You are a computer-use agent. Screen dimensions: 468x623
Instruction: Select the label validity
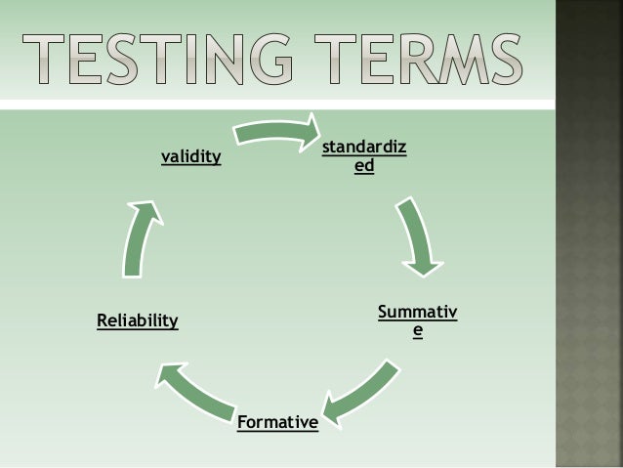[x=190, y=155]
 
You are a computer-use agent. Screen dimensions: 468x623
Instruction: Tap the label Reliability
[x=138, y=320]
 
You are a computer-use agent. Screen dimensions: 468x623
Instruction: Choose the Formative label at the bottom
[x=277, y=423]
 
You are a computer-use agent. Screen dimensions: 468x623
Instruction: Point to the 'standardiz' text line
[x=365, y=149]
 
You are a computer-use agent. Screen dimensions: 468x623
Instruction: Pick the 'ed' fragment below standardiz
[x=364, y=167]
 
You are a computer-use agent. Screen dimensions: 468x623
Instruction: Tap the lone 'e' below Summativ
[x=418, y=331]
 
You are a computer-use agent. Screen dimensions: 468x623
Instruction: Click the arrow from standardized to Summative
[x=418, y=235]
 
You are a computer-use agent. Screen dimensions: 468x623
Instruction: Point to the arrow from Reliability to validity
[x=139, y=240]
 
